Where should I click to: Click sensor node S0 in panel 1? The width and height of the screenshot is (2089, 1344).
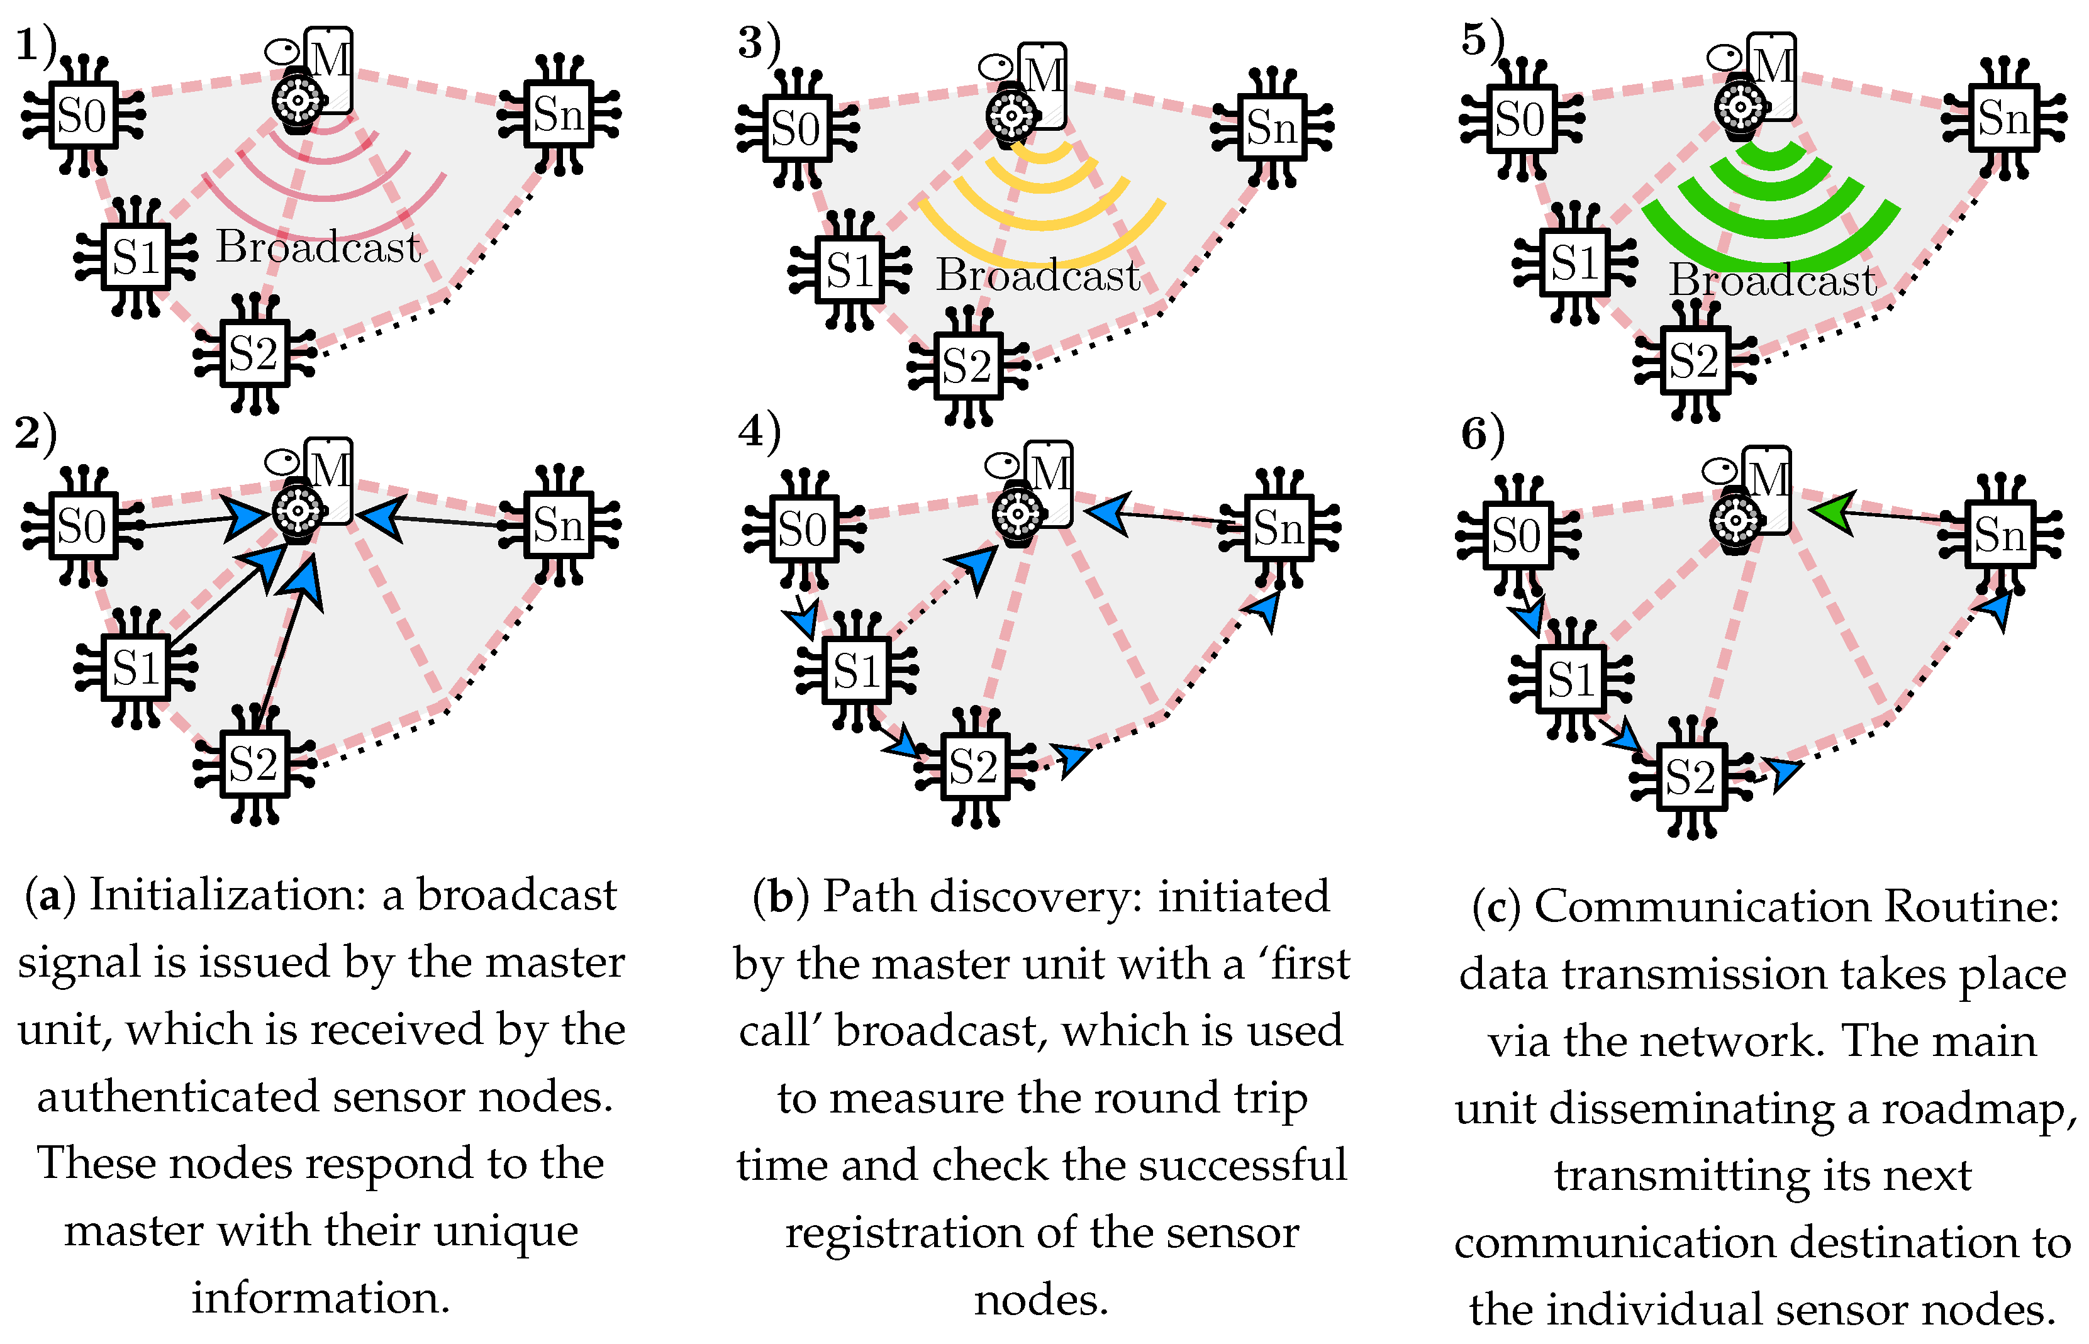82,115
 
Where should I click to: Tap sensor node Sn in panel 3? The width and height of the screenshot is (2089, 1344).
1271,128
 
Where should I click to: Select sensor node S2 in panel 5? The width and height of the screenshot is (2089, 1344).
1694,360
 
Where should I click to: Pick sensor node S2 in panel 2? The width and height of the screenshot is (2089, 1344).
254,765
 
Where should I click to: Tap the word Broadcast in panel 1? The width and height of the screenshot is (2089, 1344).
318,247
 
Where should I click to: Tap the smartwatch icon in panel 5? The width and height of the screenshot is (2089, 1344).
1739,108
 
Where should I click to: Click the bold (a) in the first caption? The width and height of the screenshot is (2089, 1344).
50,896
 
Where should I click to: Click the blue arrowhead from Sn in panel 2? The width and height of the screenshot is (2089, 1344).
381,516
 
